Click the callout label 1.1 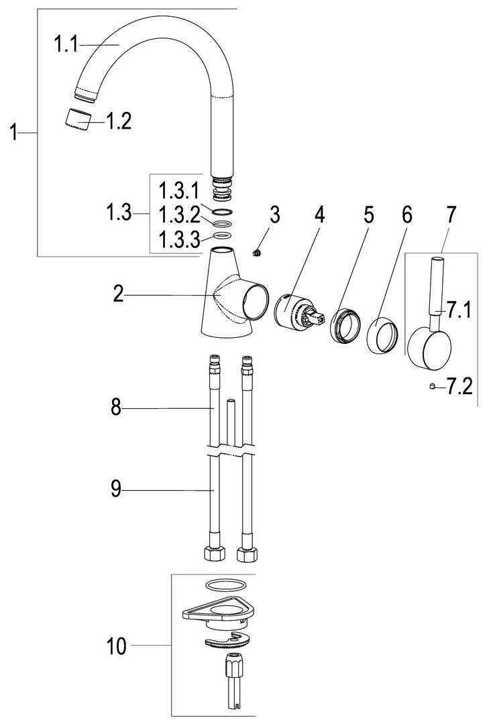click(66, 46)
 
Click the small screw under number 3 click(256, 252)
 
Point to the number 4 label click(319, 215)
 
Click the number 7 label click(450, 215)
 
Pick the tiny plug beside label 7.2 click(433, 385)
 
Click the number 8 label click(117, 408)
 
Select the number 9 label click(117, 490)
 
